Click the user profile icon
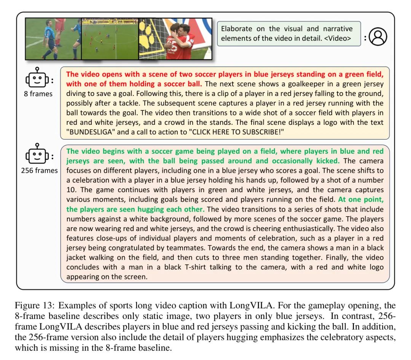click(378, 37)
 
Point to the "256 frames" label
click(39, 170)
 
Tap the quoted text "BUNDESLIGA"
click(92, 132)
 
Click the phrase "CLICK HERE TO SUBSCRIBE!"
click(235, 132)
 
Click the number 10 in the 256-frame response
click(72, 190)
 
